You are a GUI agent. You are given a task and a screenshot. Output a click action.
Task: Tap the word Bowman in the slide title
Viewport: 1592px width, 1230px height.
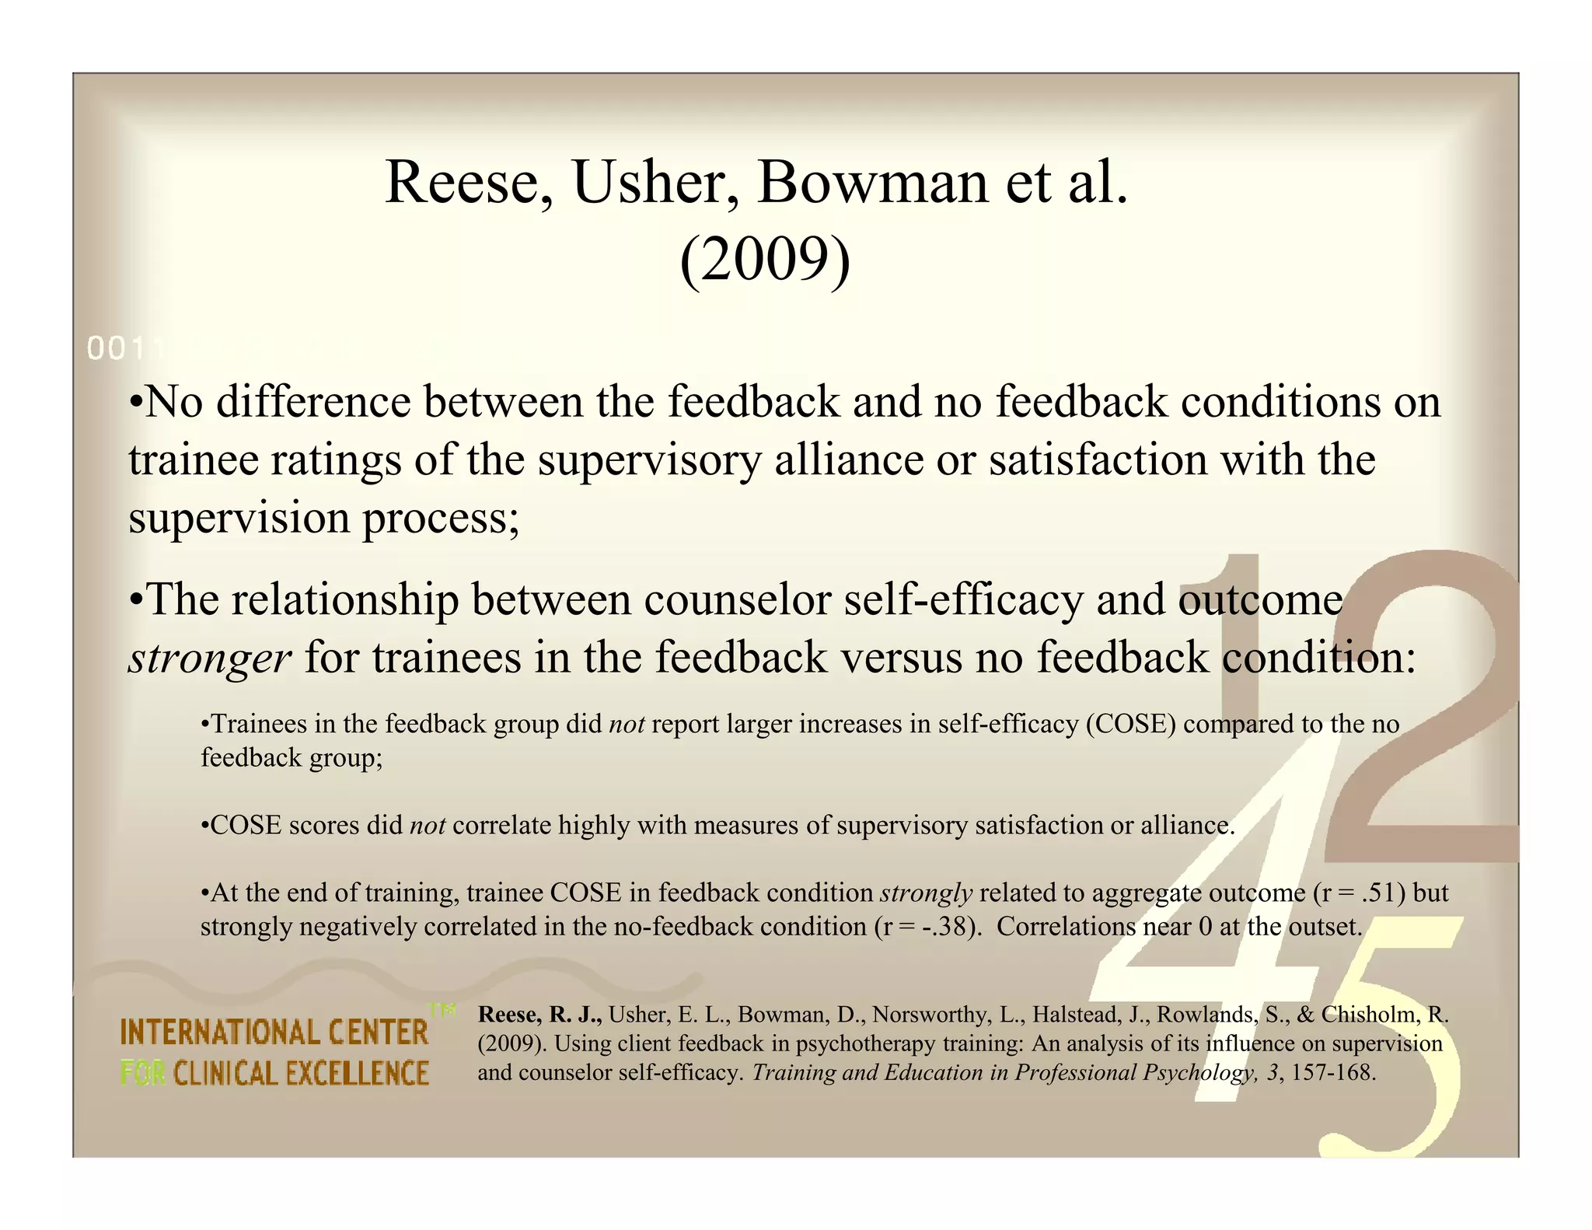[x=872, y=183]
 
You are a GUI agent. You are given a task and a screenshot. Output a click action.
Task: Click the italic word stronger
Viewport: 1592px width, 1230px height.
[x=209, y=658]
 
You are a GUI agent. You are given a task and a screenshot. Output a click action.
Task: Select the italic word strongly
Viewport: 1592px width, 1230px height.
[x=926, y=893]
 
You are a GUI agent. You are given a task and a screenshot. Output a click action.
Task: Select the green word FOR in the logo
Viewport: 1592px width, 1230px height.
[x=143, y=1074]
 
